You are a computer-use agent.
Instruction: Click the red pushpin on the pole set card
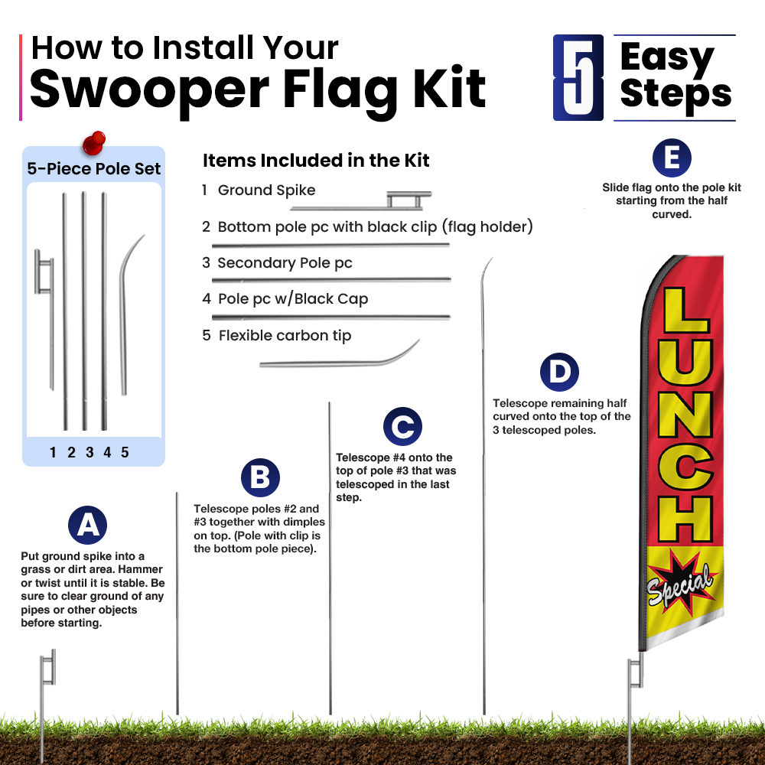93,142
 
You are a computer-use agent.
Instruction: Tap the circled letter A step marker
87,525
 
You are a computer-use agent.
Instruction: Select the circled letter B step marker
260,477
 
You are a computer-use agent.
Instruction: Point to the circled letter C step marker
402,426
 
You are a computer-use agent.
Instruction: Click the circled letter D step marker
559,372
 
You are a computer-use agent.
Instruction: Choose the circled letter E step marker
672,158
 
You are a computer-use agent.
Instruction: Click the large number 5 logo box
578,77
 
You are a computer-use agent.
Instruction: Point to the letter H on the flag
685,519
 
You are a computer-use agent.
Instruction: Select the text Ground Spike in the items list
266,190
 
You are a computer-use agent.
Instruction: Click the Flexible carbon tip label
285,336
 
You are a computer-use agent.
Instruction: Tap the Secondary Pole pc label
285,263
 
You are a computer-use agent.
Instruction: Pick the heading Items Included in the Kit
316,160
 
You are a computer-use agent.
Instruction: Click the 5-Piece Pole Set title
93,168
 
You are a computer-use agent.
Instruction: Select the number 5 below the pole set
125,452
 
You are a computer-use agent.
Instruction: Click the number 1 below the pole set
53,452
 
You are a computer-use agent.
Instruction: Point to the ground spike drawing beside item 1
360,200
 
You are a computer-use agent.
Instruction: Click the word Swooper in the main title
149,90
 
